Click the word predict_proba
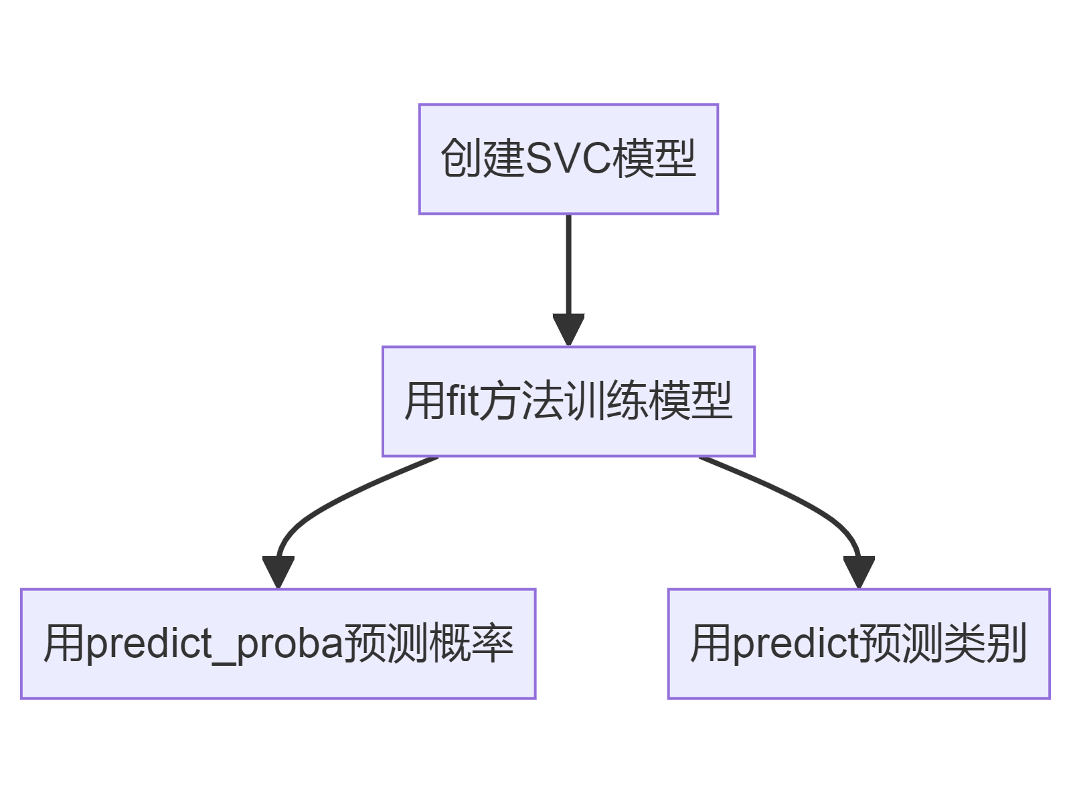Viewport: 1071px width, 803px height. coord(215,644)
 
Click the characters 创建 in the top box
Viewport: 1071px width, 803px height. coord(482,159)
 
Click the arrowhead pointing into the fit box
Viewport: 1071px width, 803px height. coord(568,329)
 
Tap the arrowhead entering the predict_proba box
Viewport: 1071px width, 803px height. coord(278,571)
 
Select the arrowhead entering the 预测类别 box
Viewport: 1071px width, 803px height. coord(859,571)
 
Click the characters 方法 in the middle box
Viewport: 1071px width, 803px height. coord(522,401)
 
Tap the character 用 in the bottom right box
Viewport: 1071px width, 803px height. coord(712,644)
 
